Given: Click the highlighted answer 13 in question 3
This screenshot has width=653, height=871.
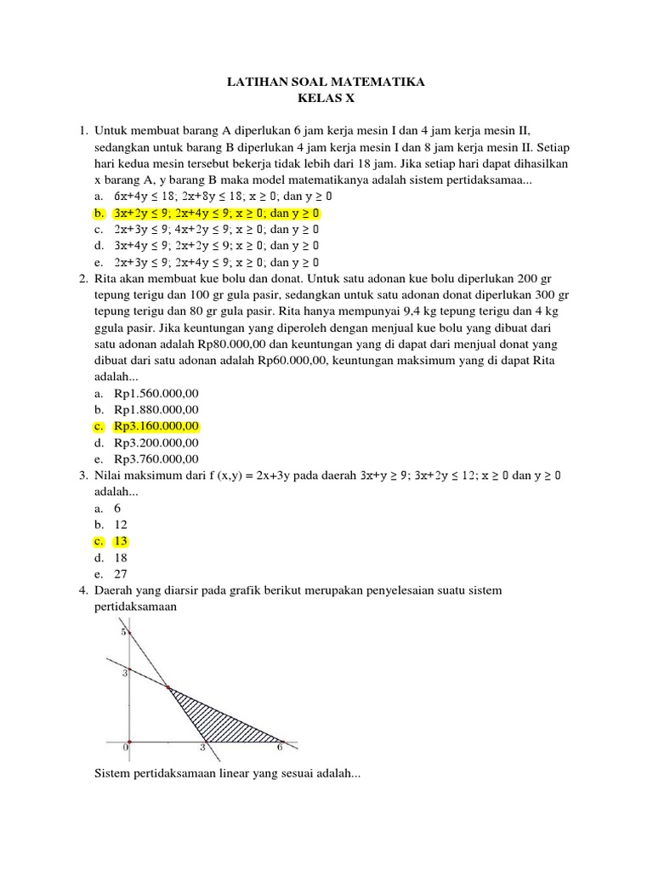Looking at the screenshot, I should click(122, 541).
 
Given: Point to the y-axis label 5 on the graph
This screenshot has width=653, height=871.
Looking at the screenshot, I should click(123, 632).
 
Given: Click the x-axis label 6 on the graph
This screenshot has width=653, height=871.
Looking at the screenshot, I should click(280, 749).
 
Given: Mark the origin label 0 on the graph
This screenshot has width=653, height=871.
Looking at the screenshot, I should click(126, 748).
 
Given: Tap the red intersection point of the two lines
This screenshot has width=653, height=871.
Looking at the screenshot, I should click(168, 687).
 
